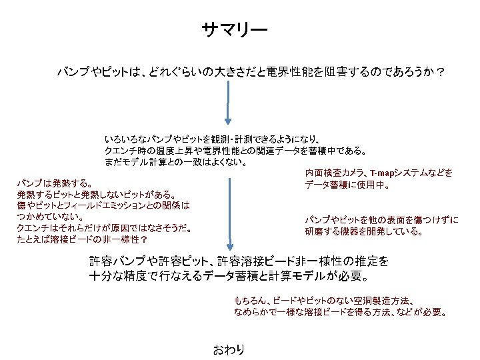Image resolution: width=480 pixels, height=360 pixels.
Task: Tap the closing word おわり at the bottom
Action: (x=228, y=349)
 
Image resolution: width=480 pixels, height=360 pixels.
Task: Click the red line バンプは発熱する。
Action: (x=55, y=183)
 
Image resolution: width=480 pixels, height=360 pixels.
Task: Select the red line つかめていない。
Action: (x=50, y=217)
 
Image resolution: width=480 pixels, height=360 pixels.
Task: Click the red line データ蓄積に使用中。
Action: (x=347, y=185)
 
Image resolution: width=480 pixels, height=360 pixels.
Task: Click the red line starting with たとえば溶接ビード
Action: (x=82, y=239)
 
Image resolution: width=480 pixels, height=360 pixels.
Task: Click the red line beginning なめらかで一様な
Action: (x=340, y=312)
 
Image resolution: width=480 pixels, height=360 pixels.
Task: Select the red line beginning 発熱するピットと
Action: (x=96, y=194)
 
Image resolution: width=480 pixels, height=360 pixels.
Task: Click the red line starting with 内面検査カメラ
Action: (x=379, y=173)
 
